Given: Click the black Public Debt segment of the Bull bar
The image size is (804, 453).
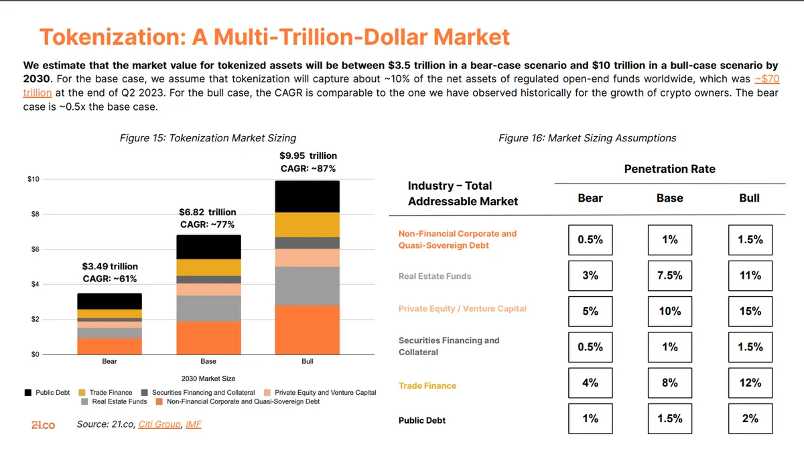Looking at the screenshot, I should click(308, 196).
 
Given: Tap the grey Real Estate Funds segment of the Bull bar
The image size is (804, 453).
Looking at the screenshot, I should click(308, 285).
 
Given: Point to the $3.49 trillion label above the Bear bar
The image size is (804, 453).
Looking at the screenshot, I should click(110, 267).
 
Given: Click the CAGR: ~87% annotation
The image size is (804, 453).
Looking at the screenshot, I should click(308, 168).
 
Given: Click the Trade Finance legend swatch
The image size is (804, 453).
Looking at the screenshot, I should click(82, 393).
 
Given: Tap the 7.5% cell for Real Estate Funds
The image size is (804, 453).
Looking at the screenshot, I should click(669, 275).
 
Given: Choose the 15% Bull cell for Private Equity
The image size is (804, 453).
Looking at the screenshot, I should click(750, 311).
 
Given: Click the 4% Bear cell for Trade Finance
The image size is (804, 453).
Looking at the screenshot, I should click(590, 383).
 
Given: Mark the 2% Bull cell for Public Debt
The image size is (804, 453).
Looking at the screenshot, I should click(750, 418).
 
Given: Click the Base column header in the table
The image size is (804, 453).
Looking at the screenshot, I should click(669, 198).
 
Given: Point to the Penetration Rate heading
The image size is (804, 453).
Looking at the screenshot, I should click(669, 169).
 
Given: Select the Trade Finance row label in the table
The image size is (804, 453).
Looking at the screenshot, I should click(427, 386).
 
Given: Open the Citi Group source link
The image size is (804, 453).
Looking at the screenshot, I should click(159, 425).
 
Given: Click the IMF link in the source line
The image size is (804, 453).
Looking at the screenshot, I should click(194, 425).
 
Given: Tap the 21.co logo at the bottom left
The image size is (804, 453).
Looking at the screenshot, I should click(43, 425).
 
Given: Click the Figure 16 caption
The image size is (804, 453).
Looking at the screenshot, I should click(587, 138).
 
